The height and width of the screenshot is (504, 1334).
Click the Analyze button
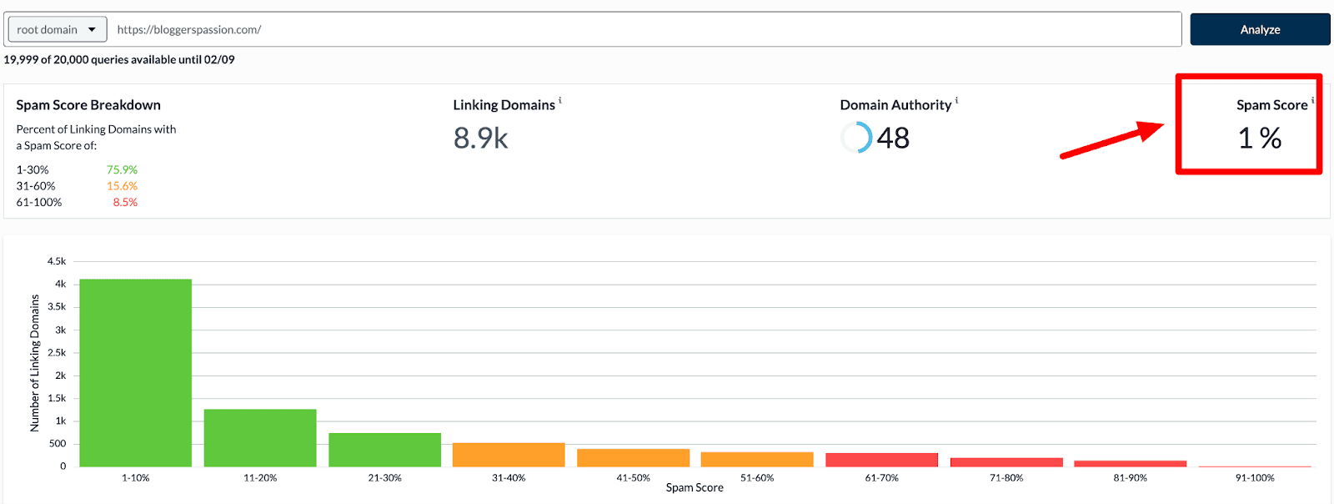pos(1259,29)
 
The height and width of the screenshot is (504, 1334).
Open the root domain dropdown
pos(57,29)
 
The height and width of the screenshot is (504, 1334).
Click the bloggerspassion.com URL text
pos(189,29)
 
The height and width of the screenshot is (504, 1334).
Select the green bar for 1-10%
pos(135,373)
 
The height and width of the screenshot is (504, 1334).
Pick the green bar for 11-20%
pos(260,438)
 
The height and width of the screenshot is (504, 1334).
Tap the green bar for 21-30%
pos(384,450)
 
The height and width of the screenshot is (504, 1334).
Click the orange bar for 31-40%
pos(509,455)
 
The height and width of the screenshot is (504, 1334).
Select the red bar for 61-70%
pos(881,460)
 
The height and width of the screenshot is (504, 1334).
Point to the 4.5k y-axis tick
pos(57,261)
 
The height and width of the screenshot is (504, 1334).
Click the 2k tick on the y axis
pos(60,375)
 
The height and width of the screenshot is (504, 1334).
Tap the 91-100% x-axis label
pos(1255,478)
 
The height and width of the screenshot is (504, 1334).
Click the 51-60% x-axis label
pos(757,478)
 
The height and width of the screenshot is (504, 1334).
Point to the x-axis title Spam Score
pos(695,488)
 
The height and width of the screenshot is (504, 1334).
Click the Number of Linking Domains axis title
pos(35,363)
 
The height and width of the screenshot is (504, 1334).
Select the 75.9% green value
pos(122,169)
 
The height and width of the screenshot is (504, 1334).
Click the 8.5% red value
pos(125,202)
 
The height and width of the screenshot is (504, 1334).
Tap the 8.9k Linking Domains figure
pos(480,139)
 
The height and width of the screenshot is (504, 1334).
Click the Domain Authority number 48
pos(893,139)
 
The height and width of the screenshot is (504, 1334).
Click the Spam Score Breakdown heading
pos(88,105)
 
